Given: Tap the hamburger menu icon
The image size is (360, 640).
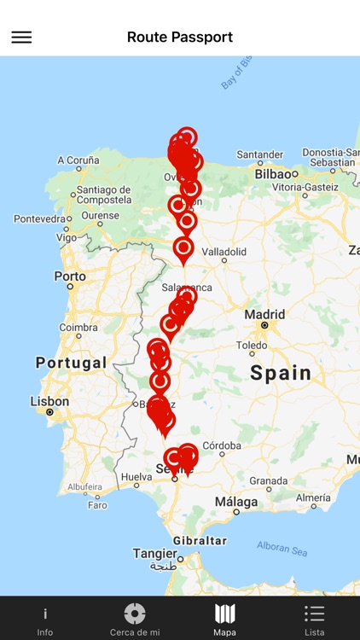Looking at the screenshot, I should (x=21, y=37).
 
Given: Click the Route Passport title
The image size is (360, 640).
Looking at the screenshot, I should (x=180, y=37).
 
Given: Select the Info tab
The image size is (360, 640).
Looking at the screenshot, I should (x=45, y=620).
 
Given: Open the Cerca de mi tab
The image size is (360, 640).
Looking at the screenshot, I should (x=135, y=620).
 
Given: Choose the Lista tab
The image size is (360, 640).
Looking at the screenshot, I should (x=315, y=620).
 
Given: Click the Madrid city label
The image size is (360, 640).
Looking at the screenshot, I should (x=264, y=314).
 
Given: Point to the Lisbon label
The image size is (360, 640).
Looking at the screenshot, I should (x=49, y=401).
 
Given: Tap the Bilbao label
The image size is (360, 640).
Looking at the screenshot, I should (x=273, y=173).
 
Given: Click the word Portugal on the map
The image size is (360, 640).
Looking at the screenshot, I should (x=72, y=363).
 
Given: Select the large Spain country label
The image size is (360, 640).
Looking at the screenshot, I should (x=281, y=372).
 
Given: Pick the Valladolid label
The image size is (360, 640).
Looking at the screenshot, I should (x=224, y=252).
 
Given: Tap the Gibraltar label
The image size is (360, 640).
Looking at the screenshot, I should (x=200, y=540).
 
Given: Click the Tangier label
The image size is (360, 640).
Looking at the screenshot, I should (x=154, y=553).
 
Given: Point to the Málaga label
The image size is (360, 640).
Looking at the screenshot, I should (x=236, y=502).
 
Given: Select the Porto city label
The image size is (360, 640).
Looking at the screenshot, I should (x=69, y=276).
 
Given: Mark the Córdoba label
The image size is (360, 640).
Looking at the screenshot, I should (x=221, y=445).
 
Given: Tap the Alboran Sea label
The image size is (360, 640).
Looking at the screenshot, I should (x=282, y=550).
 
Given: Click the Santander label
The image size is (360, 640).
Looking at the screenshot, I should (x=259, y=154).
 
